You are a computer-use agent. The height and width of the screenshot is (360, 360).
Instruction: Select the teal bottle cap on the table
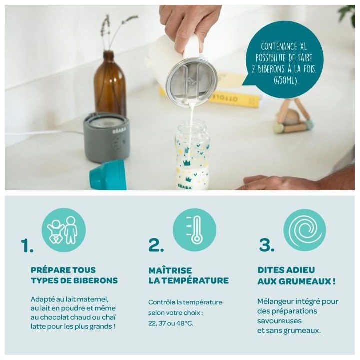108,175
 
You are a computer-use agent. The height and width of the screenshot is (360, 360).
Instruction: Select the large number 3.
266,245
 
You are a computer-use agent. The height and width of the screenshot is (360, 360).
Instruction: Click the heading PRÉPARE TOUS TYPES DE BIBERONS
74,275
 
